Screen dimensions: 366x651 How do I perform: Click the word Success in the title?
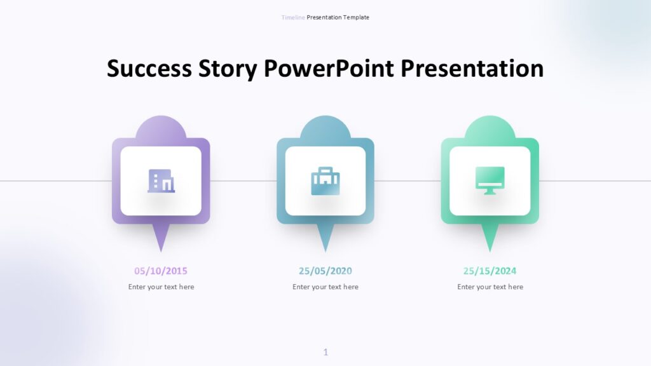(x=149, y=69)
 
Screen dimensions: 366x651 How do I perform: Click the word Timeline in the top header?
(x=293, y=17)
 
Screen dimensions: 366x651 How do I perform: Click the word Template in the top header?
(x=356, y=17)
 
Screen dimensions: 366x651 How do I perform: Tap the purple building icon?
(x=161, y=181)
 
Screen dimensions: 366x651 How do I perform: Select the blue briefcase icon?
(x=325, y=181)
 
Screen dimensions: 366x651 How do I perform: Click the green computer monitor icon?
(x=490, y=180)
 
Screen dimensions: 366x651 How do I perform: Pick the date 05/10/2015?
(x=161, y=271)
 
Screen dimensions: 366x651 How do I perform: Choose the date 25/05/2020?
(x=325, y=271)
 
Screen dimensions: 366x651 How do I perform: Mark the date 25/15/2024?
(x=490, y=271)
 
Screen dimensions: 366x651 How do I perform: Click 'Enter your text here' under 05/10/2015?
(x=161, y=287)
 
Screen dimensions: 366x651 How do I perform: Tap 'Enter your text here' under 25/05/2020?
(x=325, y=287)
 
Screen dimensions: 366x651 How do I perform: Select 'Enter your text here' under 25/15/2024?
(x=490, y=287)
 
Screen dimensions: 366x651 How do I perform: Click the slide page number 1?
(x=325, y=352)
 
